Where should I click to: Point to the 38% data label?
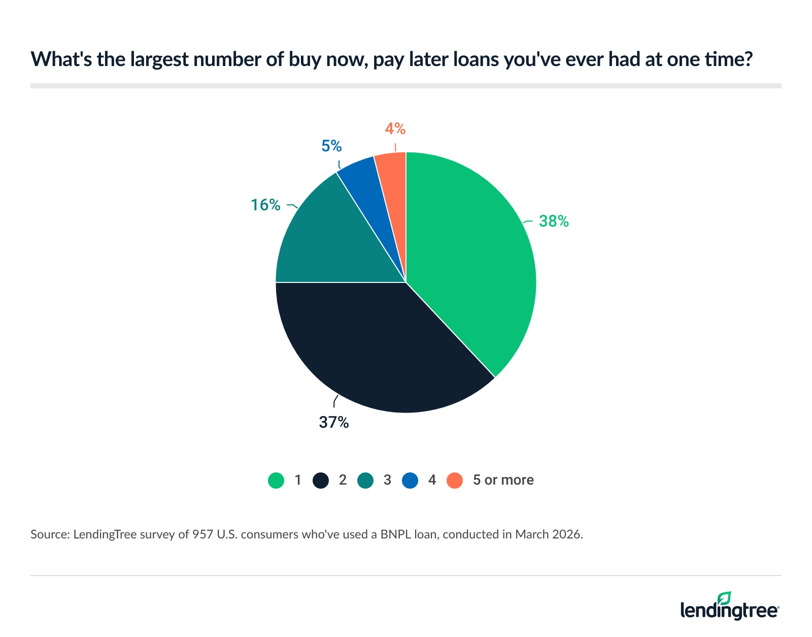554,221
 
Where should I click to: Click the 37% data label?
334,422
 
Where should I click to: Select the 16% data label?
265,205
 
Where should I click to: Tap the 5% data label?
331,146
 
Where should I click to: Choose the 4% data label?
395,129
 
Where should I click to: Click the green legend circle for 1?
276,480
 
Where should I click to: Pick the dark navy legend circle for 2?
321,480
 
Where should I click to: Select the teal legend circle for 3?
365,480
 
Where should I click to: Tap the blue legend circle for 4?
410,480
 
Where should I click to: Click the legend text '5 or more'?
503,480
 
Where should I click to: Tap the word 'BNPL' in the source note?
399,534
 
